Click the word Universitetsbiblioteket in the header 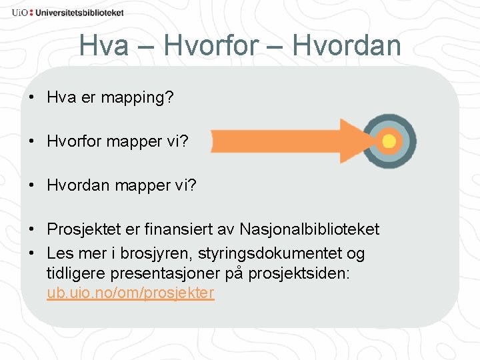tap(80, 13)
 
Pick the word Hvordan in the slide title tap(347, 46)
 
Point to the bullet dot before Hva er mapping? tap(32, 98)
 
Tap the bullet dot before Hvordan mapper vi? tap(32, 185)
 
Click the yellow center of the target tap(389, 141)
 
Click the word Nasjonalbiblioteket tap(309, 229)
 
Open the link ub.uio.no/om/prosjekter tap(131, 293)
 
